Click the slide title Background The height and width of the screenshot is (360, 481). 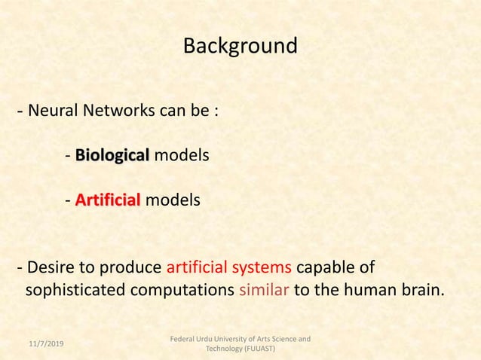pos(240,47)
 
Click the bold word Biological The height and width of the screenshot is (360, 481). pos(112,156)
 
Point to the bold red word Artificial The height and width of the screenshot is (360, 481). pos(108,201)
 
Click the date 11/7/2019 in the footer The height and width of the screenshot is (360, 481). pos(46,344)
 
